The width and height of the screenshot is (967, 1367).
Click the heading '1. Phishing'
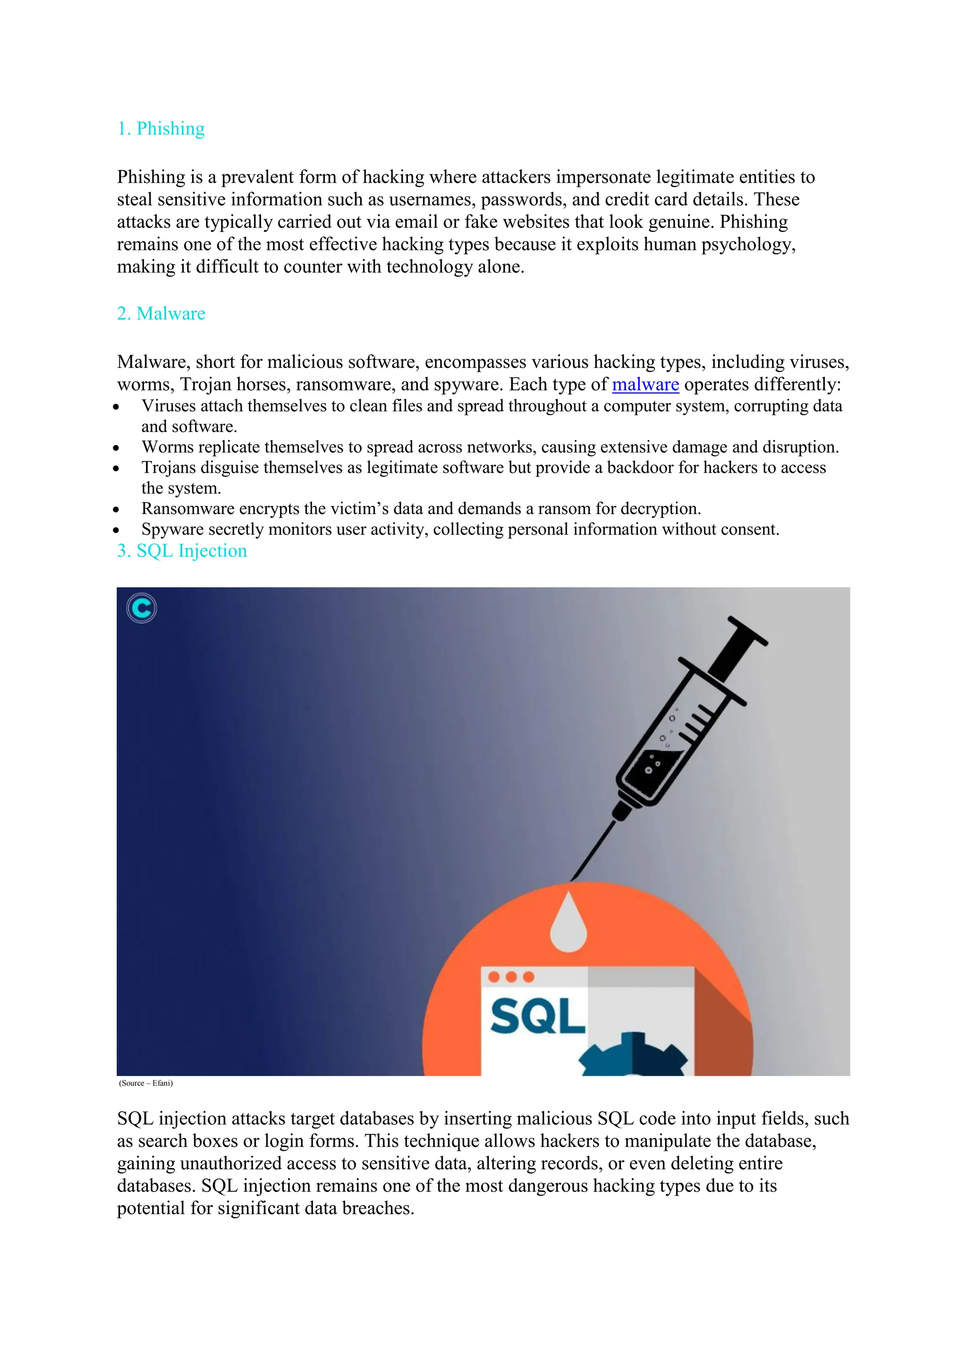(x=161, y=128)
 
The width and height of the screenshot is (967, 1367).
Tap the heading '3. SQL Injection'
(x=182, y=551)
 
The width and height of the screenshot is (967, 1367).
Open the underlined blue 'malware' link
(x=645, y=385)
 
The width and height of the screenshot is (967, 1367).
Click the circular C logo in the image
(x=142, y=608)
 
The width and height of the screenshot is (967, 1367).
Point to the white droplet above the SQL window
(x=568, y=923)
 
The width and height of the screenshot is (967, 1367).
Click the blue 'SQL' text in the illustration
(x=537, y=1016)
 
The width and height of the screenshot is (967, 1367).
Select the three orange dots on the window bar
(x=511, y=977)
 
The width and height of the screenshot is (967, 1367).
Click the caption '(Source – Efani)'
(x=146, y=1083)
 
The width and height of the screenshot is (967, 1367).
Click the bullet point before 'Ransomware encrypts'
(x=116, y=510)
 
